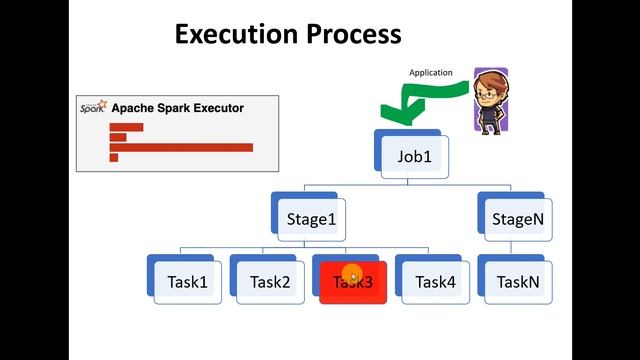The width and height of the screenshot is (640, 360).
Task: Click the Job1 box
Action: point(415,158)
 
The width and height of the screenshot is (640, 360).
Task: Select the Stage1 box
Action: point(310,219)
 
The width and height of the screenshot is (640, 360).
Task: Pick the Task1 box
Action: point(186,282)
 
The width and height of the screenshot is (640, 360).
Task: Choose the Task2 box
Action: point(269,282)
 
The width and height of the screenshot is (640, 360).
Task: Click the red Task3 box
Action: point(352,282)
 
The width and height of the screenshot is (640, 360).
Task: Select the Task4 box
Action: point(435,282)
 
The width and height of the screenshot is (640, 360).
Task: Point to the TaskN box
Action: point(518,282)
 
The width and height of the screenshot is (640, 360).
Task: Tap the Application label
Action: point(430,73)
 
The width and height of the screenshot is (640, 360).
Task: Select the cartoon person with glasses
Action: point(490,100)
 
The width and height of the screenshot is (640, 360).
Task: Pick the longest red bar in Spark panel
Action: point(181,147)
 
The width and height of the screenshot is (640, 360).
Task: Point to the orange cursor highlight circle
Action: point(352,274)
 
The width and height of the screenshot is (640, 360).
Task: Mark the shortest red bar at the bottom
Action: point(114,157)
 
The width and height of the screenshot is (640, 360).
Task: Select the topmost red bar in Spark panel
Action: point(126,127)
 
